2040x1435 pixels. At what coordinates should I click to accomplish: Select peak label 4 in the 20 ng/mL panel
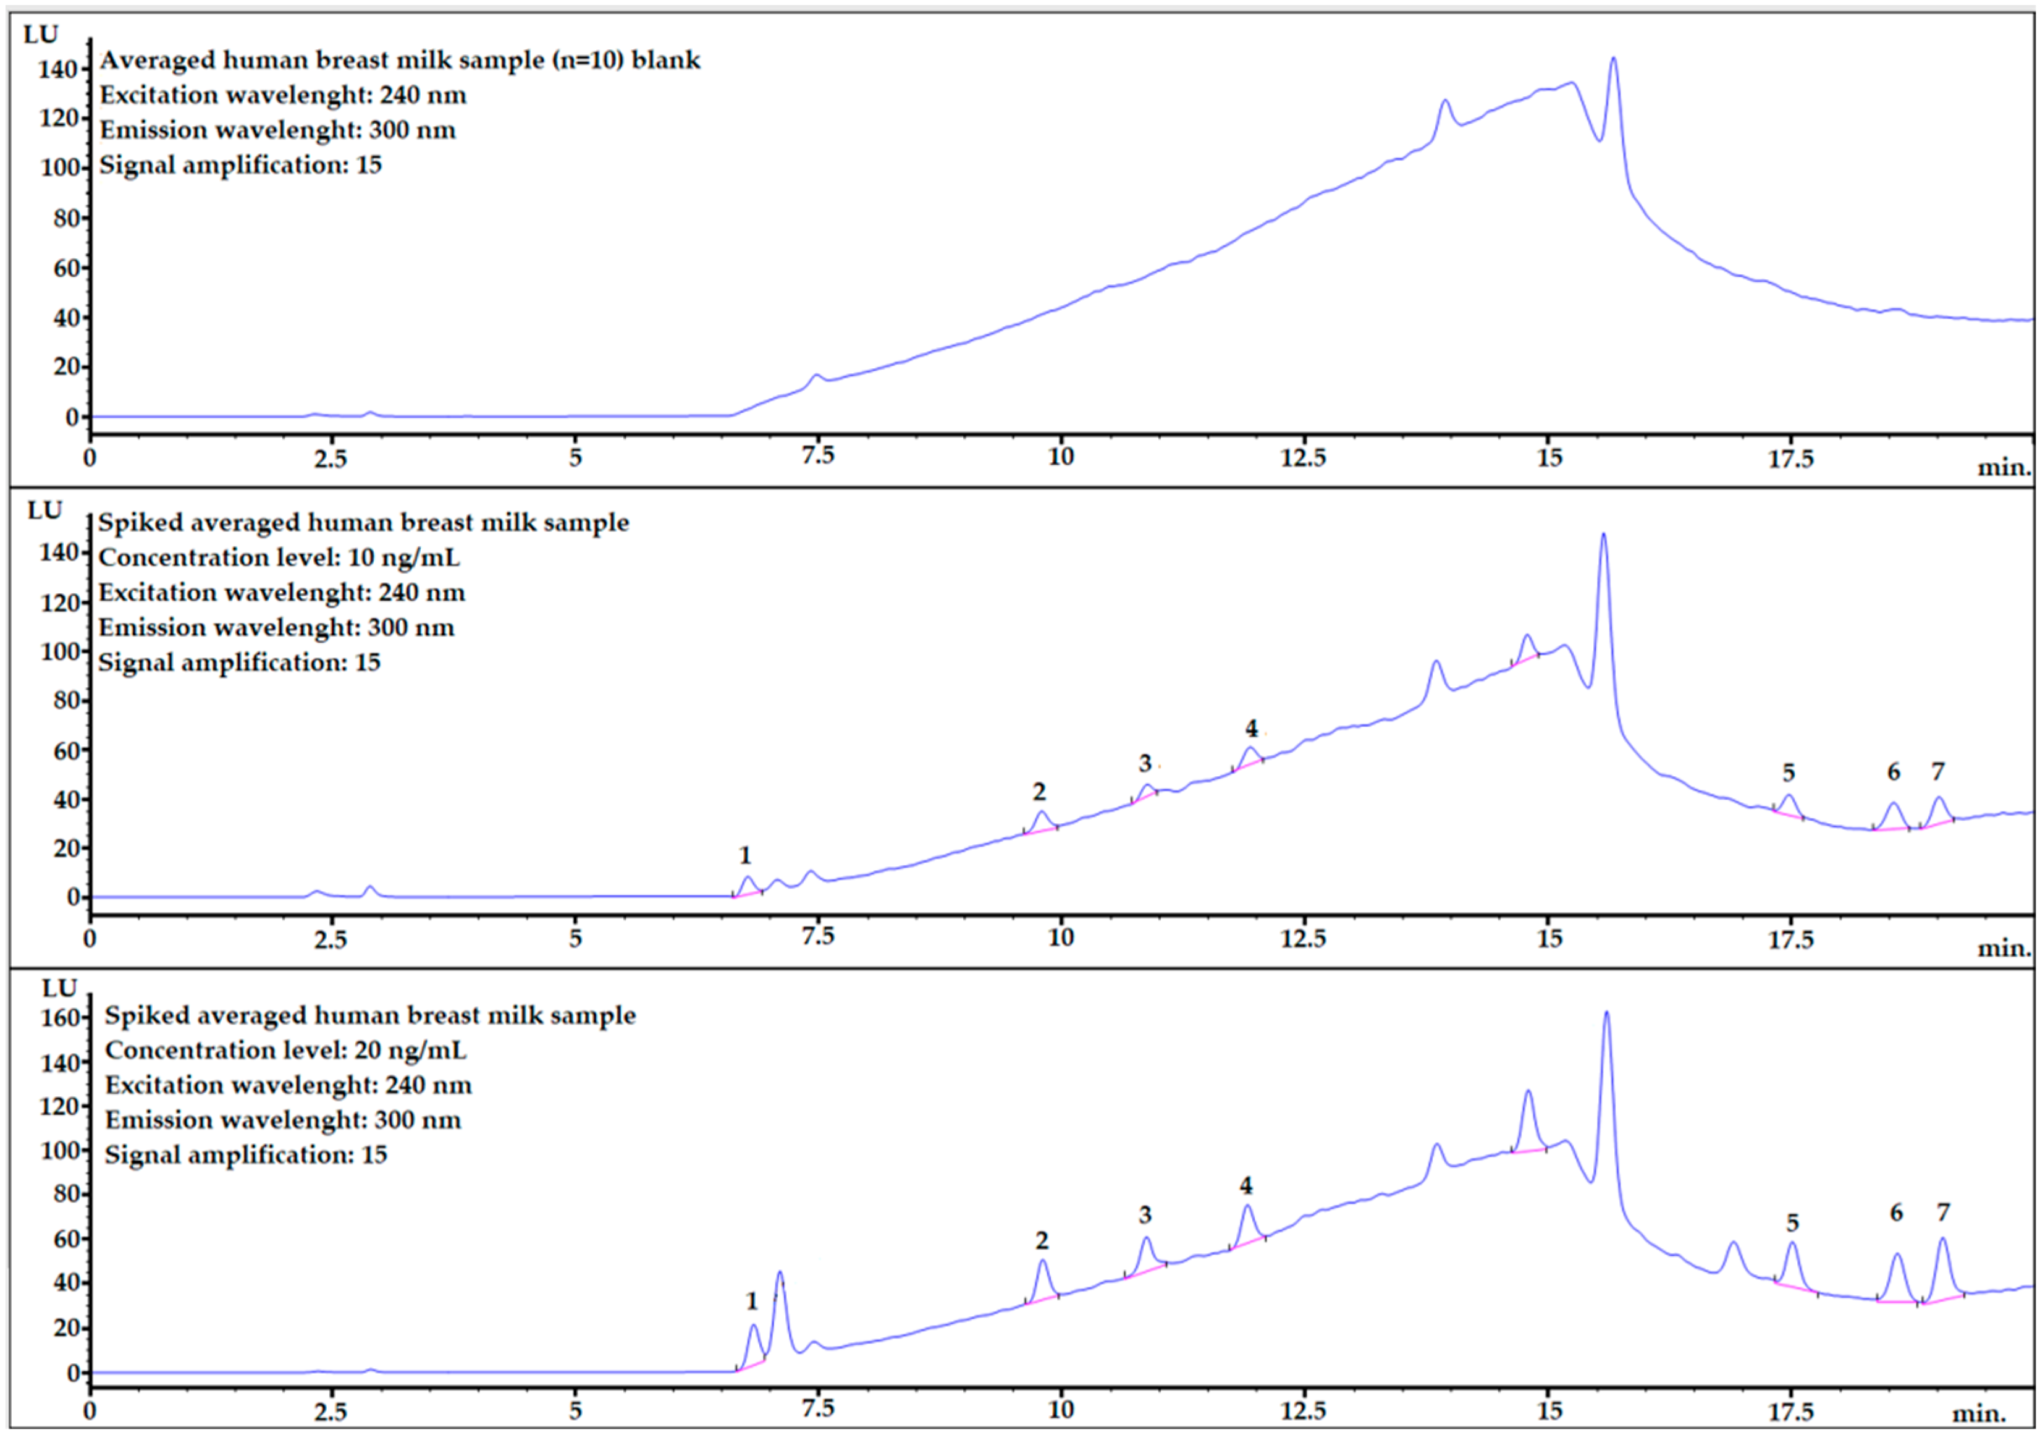[x=1245, y=1185]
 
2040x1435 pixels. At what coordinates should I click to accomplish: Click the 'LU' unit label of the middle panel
[x=44, y=511]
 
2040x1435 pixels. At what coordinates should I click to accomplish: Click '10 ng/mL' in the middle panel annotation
[x=404, y=558]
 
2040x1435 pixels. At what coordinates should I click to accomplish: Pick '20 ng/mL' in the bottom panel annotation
[x=410, y=1050]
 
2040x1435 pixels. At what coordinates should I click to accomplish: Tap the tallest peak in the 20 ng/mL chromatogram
[x=1606, y=1014]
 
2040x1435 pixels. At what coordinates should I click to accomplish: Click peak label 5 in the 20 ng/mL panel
[x=1792, y=1222]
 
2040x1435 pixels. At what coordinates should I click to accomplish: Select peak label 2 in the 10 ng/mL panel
[x=1039, y=791]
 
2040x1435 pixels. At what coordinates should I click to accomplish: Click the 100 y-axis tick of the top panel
[x=61, y=168]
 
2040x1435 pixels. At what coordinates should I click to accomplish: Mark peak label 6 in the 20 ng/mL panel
[x=1896, y=1213]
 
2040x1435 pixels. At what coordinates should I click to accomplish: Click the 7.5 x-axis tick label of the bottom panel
[x=817, y=1409]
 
